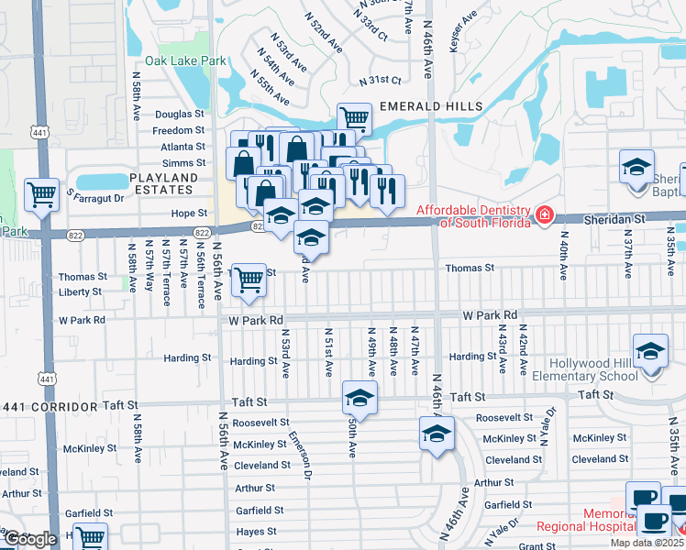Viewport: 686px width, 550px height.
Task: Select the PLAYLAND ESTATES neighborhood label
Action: [163, 183]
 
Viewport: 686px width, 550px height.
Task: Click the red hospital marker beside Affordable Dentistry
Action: [545, 215]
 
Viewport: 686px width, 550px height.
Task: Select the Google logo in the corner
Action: [30, 539]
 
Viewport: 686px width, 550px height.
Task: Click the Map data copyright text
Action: [646, 543]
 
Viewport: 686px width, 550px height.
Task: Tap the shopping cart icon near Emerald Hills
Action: [353, 117]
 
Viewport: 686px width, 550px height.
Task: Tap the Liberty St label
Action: [81, 291]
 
